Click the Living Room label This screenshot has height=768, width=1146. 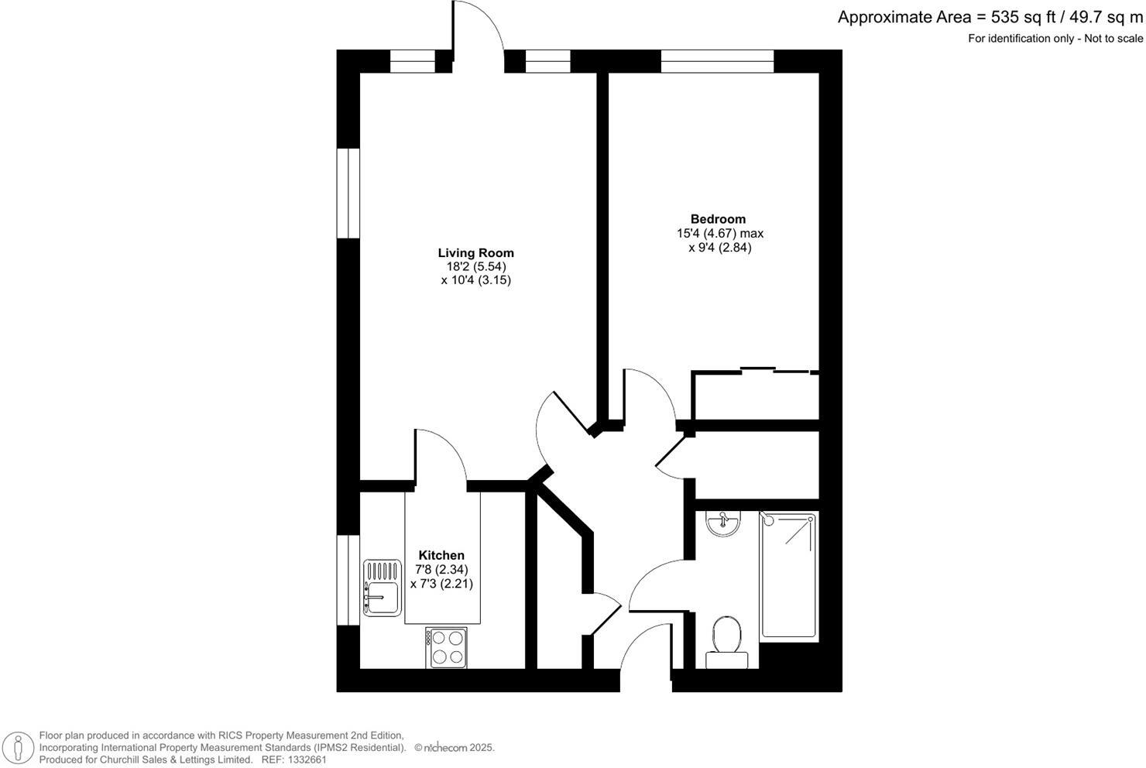(x=475, y=252)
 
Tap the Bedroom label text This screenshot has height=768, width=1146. (x=718, y=219)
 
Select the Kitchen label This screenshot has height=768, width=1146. (x=441, y=555)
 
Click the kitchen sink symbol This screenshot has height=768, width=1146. (x=382, y=588)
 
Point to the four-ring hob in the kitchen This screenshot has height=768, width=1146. (x=446, y=647)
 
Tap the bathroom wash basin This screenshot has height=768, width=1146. (x=724, y=524)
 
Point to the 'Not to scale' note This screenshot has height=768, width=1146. (x=1112, y=39)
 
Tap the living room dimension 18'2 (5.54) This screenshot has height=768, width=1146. (x=475, y=266)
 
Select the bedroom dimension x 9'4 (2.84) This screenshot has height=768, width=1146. (x=719, y=248)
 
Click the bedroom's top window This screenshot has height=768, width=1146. (x=717, y=61)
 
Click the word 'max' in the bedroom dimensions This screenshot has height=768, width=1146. (x=751, y=233)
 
